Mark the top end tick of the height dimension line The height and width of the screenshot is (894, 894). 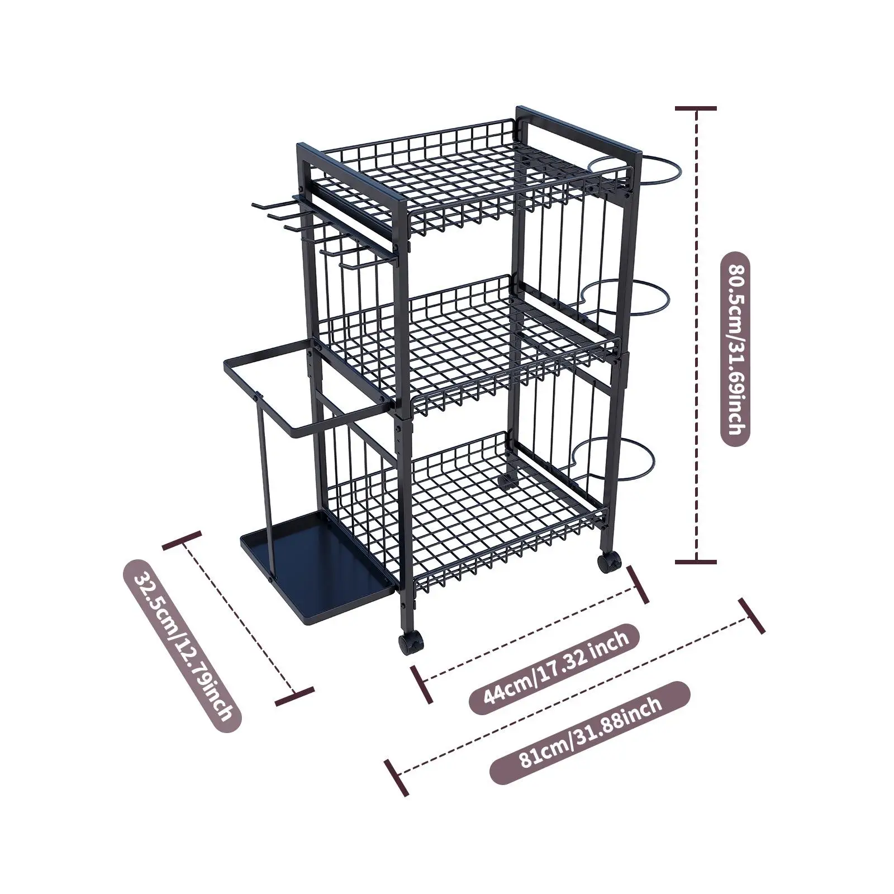pyautogui.click(x=696, y=108)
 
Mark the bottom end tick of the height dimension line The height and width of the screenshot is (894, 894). pyautogui.click(x=696, y=561)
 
